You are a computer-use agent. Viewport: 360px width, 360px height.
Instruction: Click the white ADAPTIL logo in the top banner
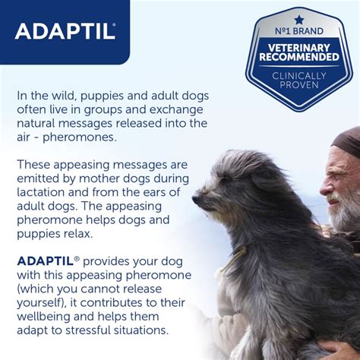(65, 31)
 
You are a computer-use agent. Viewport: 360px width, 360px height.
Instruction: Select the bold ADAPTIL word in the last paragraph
(45, 261)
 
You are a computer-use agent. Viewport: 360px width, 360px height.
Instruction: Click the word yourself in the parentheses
(42, 303)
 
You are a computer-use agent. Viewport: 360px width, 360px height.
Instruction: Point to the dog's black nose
(197, 200)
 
